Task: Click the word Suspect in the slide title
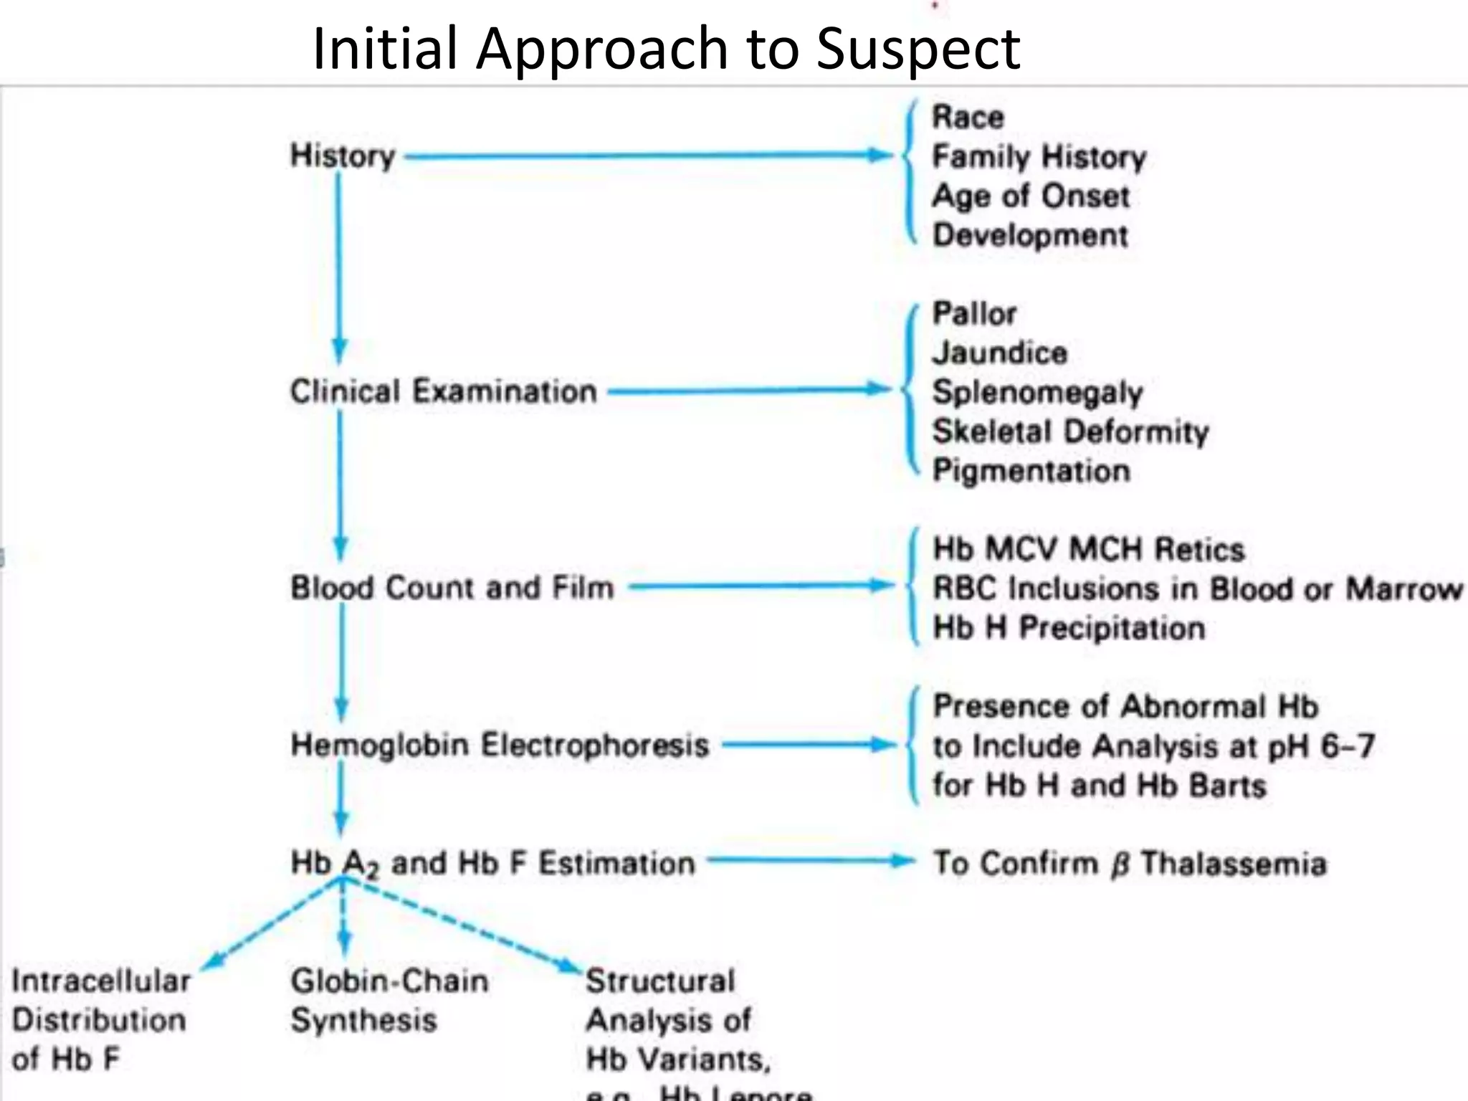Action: (x=918, y=49)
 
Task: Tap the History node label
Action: (x=343, y=156)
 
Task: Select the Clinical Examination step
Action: (x=443, y=391)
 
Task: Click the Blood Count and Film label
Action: (x=452, y=588)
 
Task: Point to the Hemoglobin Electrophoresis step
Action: (x=500, y=745)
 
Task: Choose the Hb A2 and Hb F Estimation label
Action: (x=492, y=863)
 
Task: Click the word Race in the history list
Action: (x=968, y=117)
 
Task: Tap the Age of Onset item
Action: (x=1030, y=196)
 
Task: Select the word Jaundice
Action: (x=999, y=353)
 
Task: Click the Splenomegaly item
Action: (x=1036, y=392)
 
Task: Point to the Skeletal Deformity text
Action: (x=1069, y=432)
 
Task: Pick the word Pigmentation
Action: (x=1031, y=471)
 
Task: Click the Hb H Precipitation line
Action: (x=1068, y=628)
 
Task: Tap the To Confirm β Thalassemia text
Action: (x=1129, y=863)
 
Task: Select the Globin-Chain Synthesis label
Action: (x=389, y=1000)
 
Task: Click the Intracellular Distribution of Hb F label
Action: (x=101, y=1019)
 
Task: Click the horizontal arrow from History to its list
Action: (x=645, y=156)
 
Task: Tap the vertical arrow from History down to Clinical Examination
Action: (x=340, y=265)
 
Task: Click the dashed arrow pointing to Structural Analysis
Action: (x=466, y=925)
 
